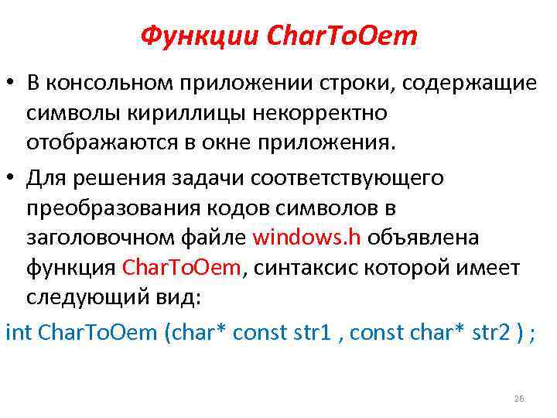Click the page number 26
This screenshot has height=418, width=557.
518,399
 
